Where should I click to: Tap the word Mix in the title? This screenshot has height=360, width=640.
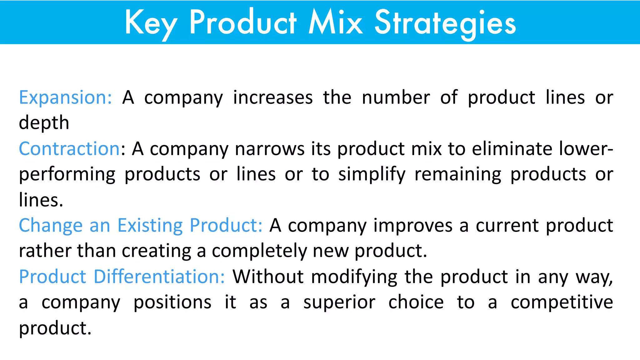coord(336,22)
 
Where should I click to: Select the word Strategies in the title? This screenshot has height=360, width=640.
coord(445,22)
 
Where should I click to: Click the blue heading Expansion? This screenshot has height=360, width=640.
coord(65,97)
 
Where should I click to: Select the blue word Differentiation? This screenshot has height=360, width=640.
coord(159,277)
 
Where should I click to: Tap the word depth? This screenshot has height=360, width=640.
coord(44,123)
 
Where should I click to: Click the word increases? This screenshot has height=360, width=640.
coord(273,97)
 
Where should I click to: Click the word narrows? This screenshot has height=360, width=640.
coord(269,148)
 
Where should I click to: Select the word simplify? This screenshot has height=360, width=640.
coord(372,174)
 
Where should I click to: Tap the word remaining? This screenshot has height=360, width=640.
coord(458,174)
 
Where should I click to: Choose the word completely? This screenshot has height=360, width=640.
coord(259,251)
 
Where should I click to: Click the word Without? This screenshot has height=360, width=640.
coord(268,277)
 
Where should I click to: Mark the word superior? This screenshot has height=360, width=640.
coord(339,302)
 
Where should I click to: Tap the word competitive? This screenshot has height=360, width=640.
coord(562,302)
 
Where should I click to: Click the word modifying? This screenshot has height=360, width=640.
coord(354,277)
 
